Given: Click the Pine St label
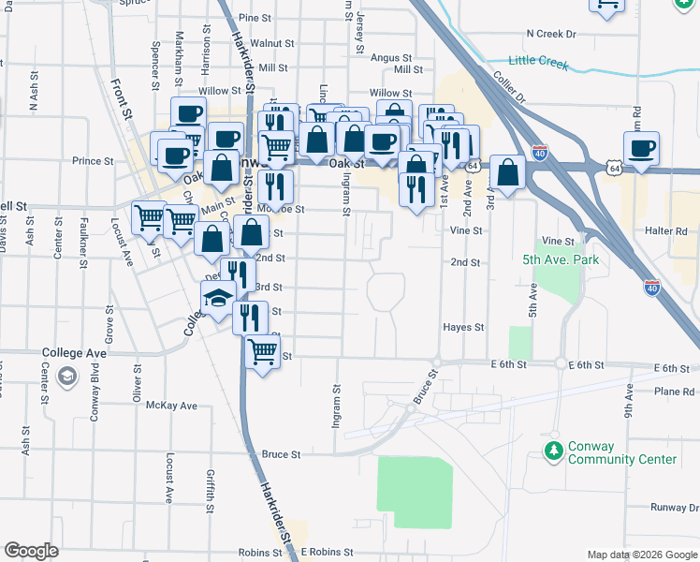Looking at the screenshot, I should click(254, 18).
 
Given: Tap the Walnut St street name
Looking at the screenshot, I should click(272, 43).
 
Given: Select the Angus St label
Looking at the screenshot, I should click(386, 57).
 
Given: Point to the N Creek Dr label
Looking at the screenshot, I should click(550, 34).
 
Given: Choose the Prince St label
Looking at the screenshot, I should click(93, 161).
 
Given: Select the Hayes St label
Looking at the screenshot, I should click(463, 328).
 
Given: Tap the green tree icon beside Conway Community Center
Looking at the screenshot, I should click(553, 452).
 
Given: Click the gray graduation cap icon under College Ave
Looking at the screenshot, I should click(67, 377).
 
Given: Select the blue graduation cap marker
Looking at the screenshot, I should click(218, 301).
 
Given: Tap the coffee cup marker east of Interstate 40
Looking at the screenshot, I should click(641, 148).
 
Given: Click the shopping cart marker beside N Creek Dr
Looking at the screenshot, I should click(607, 5).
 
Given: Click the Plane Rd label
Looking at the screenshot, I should click(676, 392).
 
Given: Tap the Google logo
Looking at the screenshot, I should click(31, 551).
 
